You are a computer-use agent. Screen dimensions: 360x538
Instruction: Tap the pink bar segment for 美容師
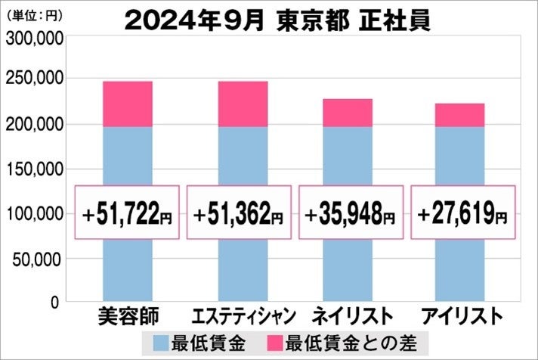[127, 104]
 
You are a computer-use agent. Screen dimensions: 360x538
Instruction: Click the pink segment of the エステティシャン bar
[243, 104]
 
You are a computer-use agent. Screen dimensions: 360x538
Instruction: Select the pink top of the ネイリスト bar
[348, 113]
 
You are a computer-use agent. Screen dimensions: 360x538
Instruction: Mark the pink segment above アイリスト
[460, 115]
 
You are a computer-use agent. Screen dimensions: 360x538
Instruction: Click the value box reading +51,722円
[127, 213]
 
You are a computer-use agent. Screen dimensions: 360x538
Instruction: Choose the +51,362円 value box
[239, 213]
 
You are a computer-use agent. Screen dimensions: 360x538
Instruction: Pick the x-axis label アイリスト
[460, 316]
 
